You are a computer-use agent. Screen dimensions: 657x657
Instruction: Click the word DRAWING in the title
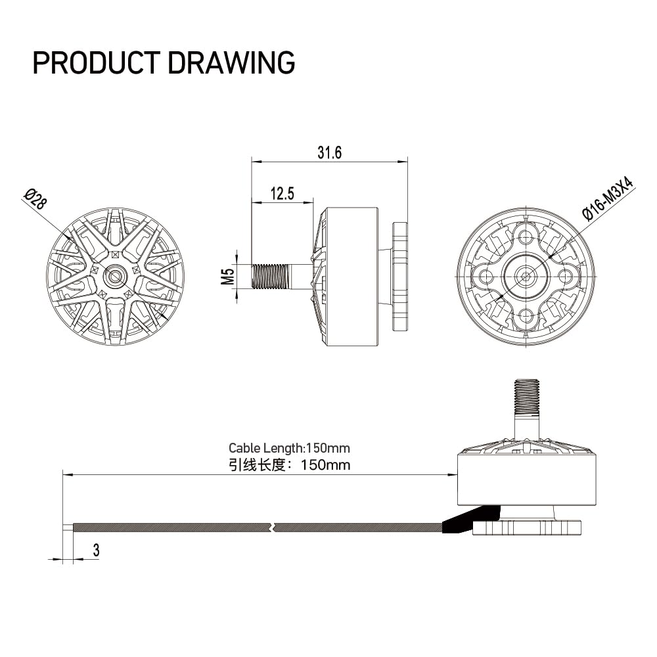coord(231,63)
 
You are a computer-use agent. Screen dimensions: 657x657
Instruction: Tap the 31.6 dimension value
coord(329,152)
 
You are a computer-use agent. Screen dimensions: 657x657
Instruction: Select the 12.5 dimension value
coord(283,194)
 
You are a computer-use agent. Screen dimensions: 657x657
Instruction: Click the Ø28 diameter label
coord(35,200)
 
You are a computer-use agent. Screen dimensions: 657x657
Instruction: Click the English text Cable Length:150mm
coord(289,448)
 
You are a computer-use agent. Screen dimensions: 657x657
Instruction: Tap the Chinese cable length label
coord(289,464)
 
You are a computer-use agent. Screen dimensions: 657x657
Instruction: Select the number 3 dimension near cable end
coord(97,550)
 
